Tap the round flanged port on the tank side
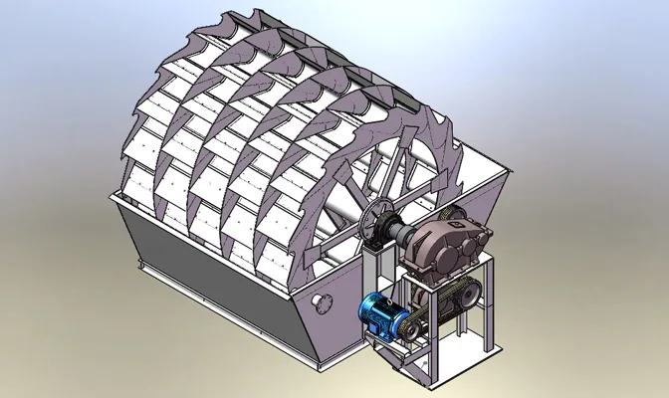[320, 301]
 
